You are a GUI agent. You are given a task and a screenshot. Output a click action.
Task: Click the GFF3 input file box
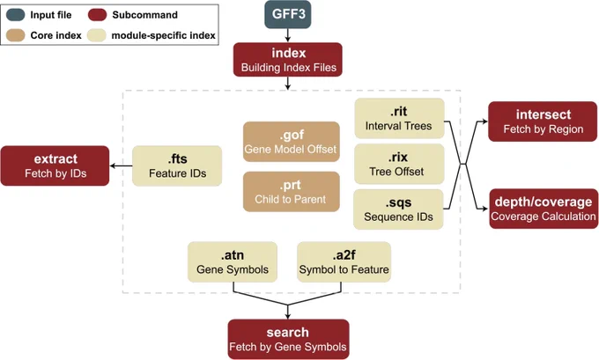(x=288, y=14)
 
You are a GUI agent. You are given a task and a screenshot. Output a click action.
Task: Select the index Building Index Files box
(x=288, y=60)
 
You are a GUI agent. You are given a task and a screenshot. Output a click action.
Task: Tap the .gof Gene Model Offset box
(x=291, y=142)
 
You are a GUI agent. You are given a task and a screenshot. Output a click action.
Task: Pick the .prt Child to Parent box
(x=291, y=192)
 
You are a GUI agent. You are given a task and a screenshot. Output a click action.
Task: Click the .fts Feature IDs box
(x=177, y=165)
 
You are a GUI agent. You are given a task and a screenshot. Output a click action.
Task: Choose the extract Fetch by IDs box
(x=55, y=165)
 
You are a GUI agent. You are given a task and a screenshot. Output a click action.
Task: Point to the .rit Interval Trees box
(x=399, y=118)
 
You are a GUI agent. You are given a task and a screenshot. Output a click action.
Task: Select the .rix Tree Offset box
(x=399, y=164)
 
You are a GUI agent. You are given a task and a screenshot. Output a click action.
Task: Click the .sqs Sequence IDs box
(x=398, y=209)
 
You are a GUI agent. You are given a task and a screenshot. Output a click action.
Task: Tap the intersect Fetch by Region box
(x=543, y=121)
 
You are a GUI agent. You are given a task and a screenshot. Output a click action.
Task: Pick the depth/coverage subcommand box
(x=544, y=209)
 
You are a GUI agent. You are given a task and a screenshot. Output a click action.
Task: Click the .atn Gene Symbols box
(x=233, y=262)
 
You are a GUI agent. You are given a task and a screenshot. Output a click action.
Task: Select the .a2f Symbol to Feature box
(x=344, y=262)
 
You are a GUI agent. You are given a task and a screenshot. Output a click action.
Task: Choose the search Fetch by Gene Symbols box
(x=288, y=339)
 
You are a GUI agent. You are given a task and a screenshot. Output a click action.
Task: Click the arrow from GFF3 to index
(x=288, y=35)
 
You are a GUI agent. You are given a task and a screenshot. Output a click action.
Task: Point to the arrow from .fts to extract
(x=121, y=165)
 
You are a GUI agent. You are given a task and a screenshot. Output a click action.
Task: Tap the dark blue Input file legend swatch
(x=16, y=15)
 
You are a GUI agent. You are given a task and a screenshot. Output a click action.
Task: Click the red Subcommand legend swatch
(x=98, y=15)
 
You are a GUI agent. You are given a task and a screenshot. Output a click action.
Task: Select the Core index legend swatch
(x=16, y=35)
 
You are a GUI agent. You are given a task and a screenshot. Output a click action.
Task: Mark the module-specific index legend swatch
(x=97, y=35)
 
